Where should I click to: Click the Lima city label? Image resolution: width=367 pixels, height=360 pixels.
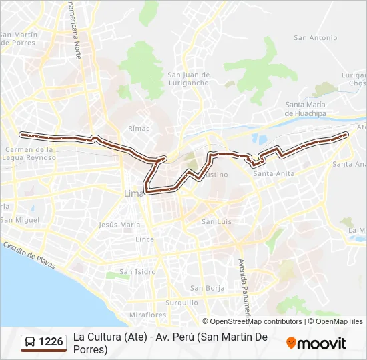click(x=133, y=193)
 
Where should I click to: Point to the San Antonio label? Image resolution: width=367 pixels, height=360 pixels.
click(x=316, y=38)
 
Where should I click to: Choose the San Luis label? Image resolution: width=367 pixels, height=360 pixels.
click(x=216, y=221)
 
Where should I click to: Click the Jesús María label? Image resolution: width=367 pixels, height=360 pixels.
click(x=119, y=225)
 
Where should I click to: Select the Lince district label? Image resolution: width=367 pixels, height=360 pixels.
click(x=145, y=239)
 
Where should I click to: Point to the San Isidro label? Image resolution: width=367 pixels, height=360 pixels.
click(x=137, y=272)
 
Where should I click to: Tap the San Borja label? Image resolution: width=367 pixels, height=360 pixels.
click(x=206, y=288)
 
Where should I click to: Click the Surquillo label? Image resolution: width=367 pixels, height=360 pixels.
click(x=181, y=302)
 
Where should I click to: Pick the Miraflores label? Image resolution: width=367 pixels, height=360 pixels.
click(x=147, y=314)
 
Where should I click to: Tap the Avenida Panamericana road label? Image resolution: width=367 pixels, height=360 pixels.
click(x=244, y=287)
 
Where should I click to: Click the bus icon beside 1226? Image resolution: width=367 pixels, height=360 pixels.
click(x=31, y=342)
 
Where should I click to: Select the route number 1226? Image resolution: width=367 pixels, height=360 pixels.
click(x=51, y=342)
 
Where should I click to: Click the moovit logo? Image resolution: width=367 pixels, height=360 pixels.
click(x=316, y=343)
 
